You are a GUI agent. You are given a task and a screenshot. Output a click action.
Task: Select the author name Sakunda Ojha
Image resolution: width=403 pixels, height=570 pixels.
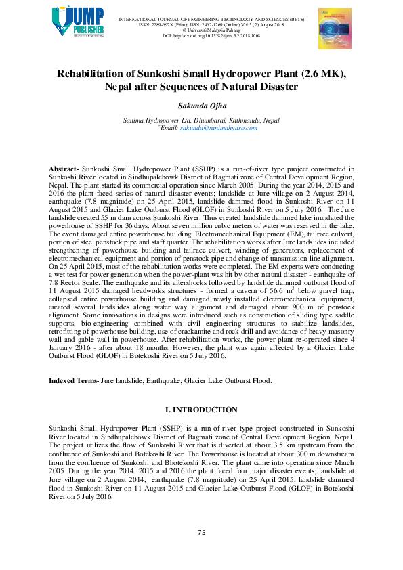(201, 106)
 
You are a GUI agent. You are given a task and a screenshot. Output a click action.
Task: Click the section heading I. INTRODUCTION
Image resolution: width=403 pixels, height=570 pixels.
(201, 410)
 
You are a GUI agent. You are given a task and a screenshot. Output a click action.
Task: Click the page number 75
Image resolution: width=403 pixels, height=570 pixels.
(201, 533)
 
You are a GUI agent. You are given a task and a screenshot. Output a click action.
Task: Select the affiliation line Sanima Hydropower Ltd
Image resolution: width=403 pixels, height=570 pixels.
(201, 120)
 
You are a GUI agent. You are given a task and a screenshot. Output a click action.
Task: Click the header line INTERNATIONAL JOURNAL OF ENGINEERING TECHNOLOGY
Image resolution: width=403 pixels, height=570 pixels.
(201, 18)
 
